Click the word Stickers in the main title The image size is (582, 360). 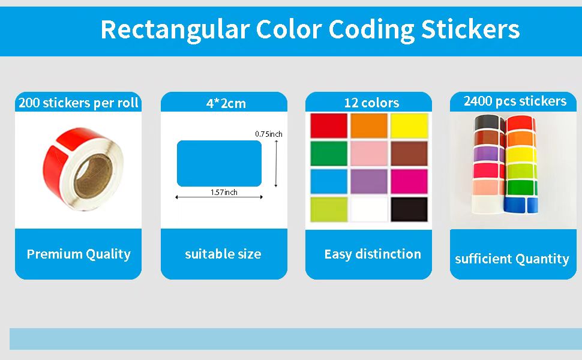tap(470, 29)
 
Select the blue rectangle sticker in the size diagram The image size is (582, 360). tap(219, 163)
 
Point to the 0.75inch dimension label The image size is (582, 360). tap(269, 134)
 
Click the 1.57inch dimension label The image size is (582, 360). tap(224, 192)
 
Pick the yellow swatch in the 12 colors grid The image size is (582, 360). tap(409, 126)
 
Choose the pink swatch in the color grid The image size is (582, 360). tap(369, 153)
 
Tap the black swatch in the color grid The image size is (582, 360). tap(409, 209)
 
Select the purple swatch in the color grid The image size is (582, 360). tap(369, 181)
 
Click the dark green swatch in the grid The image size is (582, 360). tap(329, 153)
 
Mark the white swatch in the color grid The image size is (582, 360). tap(369, 209)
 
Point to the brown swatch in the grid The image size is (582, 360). tap(409, 153)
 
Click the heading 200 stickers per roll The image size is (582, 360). tap(79, 103)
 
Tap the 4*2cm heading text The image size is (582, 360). tap(226, 103)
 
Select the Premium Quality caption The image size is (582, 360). tap(79, 254)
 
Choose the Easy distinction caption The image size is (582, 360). tap(373, 254)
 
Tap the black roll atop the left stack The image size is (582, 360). tap(488, 123)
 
